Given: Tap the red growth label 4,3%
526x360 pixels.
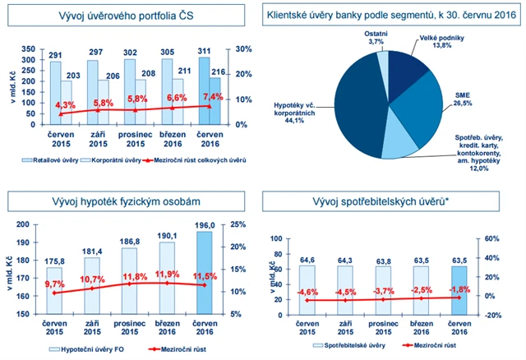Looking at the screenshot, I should [x=67, y=105].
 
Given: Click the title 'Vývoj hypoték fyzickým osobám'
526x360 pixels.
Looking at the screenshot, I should [x=131, y=203].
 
